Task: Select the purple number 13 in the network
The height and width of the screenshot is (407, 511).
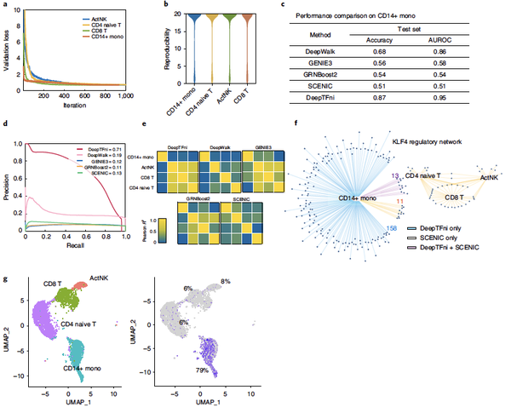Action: (394, 175)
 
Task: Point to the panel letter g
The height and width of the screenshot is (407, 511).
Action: (7, 279)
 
